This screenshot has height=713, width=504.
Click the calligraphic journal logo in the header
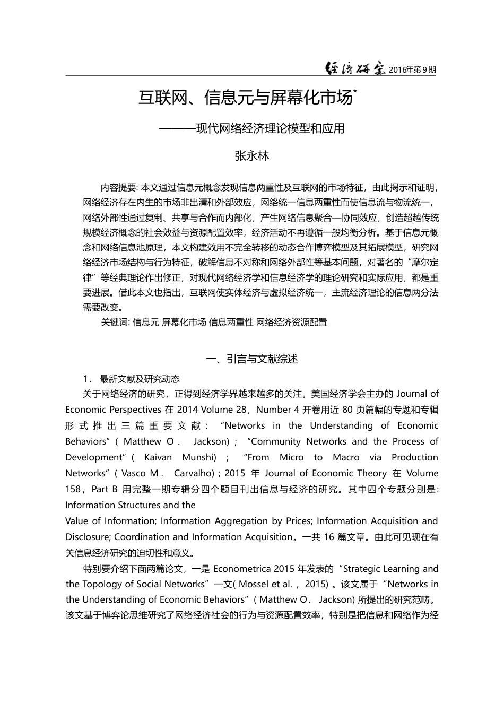tap(355, 68)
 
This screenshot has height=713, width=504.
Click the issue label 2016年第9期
tap(412, 69)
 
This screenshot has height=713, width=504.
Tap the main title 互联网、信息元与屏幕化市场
tap(245, 98)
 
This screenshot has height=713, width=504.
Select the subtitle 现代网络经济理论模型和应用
tap(270, 128)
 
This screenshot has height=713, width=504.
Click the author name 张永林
tap(252, 156)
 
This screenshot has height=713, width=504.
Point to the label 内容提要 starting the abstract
tap(118, 188)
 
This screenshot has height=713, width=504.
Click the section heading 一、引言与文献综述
tap(251, 359)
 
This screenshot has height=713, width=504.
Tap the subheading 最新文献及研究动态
tap(140, 379)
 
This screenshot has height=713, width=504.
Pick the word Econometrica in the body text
tap(242, 569)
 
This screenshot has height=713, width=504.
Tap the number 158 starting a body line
tap(73, 489)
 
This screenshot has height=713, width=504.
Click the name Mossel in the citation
tap(254, 584)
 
